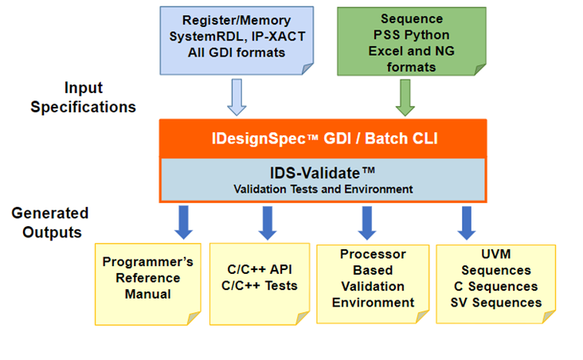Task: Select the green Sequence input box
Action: point(402,41)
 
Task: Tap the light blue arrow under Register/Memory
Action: point(237,97)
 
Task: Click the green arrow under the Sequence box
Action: point(403,97)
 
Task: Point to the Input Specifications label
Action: point(84,97)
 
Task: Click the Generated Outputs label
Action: point(50,222)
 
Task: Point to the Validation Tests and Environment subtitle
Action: point(323,189)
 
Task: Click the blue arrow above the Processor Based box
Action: point(367,221)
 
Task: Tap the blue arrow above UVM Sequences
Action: point(467,221)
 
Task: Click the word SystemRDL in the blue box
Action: point(198,37)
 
